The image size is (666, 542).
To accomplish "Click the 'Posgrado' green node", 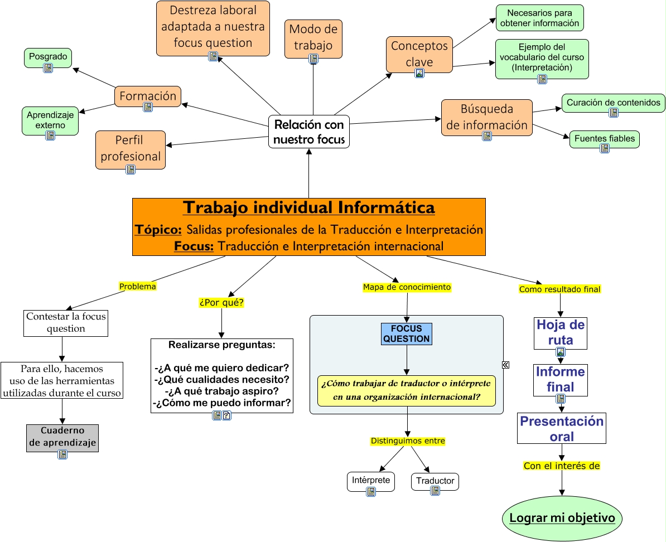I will coord(48,56).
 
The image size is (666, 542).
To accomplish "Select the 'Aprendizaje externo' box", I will coord(50,120).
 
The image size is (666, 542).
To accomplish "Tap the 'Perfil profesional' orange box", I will coord(131,149).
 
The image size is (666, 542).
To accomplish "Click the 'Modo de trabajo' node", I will coord(313,37).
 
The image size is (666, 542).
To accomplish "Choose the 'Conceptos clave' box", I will coord(419,54).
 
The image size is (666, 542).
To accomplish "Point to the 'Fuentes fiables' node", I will coord(604,138).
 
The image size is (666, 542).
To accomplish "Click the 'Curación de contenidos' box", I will coord(613,103).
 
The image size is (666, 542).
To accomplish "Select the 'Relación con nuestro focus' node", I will coord(309,132).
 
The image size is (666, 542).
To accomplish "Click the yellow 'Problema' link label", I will coord(137,286).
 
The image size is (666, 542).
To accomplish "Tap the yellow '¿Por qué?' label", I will coord(221,303).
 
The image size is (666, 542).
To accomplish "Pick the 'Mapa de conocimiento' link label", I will coord(407,287).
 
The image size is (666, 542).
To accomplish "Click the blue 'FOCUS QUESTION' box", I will coord(406,333).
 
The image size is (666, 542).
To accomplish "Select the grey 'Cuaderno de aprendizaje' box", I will coord(62,438).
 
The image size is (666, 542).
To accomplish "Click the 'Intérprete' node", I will coord(370,480).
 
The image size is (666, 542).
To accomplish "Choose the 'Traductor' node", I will coord(435,481).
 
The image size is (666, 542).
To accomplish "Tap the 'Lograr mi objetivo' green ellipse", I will coord(562,518).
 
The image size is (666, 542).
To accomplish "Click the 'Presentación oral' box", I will coord(562,428).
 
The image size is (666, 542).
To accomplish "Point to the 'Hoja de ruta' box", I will coord(561,333).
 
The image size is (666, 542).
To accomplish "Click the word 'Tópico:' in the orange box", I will coord(158,230).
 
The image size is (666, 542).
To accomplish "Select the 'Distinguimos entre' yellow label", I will coord(408,441).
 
